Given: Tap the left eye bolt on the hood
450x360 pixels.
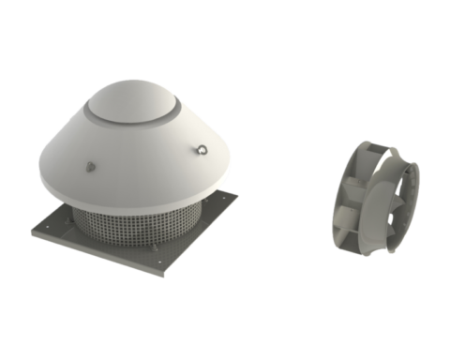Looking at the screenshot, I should [x=88, y=167].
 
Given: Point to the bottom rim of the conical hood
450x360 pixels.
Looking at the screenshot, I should [x=141, y=202].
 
